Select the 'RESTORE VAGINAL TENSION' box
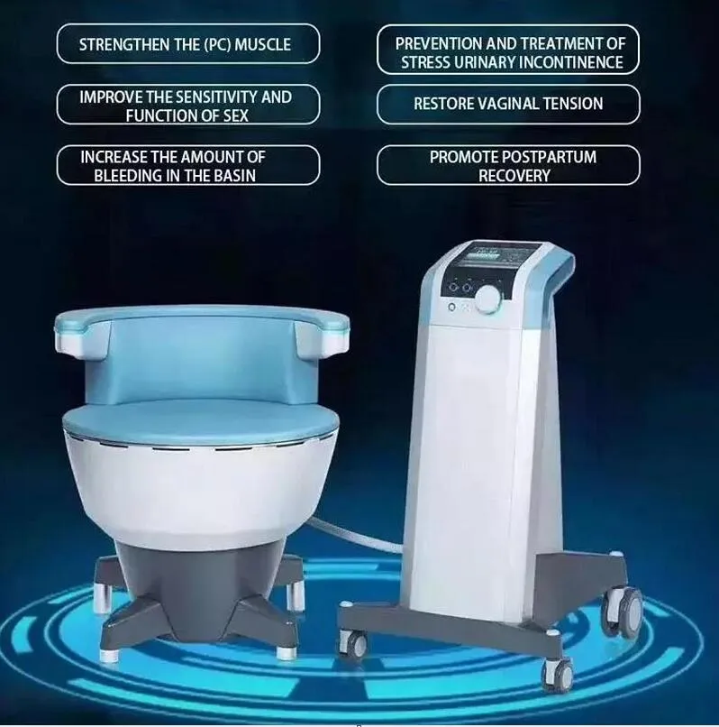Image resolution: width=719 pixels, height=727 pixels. (507, 104)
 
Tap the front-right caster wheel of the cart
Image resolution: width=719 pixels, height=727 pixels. (557, 672)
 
